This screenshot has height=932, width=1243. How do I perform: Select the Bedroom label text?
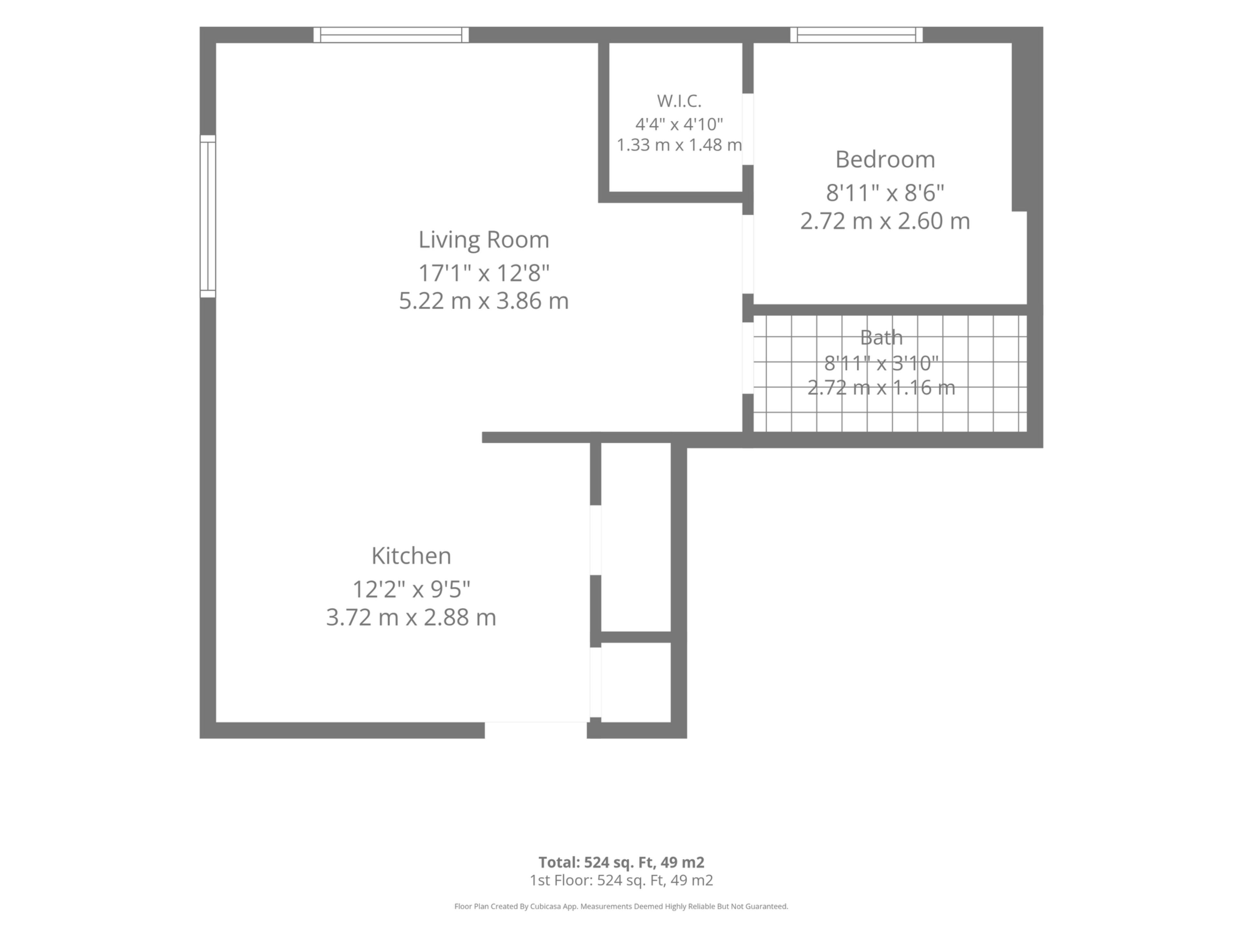(885, 160)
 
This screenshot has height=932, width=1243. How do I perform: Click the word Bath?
(881, 337)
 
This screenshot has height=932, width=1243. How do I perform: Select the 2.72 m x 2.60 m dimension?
(885, 221)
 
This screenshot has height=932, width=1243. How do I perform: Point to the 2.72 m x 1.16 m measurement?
(881, 387)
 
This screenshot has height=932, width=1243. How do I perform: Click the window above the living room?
(391, 35)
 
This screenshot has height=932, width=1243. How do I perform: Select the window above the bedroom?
(857, 35)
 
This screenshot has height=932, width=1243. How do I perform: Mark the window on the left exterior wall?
(208, 216)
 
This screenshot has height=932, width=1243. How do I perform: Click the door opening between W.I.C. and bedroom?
(748, 129)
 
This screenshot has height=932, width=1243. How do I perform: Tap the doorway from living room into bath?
(748, 358)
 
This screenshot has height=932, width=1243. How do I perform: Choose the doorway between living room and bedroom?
(748, 254)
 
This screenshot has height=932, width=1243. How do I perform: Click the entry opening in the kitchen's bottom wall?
(536, 730)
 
